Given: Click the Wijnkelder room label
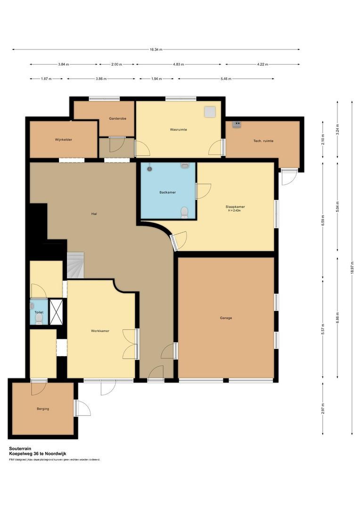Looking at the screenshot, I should [x=63, y=140].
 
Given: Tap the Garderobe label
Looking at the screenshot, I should [x=116, y=119].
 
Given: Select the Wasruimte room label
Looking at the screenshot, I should [x=179, y=129].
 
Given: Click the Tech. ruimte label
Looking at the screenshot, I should [x=263, y=141].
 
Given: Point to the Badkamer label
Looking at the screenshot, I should [x=168, y=192].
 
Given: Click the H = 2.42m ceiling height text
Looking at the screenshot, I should [x=234, y=211].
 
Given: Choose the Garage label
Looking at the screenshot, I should [x=226, y=318].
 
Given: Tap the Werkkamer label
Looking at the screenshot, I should [x=100, y=331].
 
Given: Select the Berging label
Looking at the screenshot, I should [x=43, y=409].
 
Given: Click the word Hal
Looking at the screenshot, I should [x=94, y=213].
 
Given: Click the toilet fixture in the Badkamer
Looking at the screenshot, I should [x=185, y=213].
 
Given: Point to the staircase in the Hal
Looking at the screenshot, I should [x=75, y=265].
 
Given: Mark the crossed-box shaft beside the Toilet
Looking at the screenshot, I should [x=57, y=312].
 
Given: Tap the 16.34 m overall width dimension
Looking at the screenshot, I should [x=156, y=49].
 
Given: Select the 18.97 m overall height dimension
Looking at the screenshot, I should [x=352, y=268].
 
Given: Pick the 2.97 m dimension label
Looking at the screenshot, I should [x=323, y=408].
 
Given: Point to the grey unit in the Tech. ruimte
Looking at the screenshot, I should [x=237, y=124].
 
